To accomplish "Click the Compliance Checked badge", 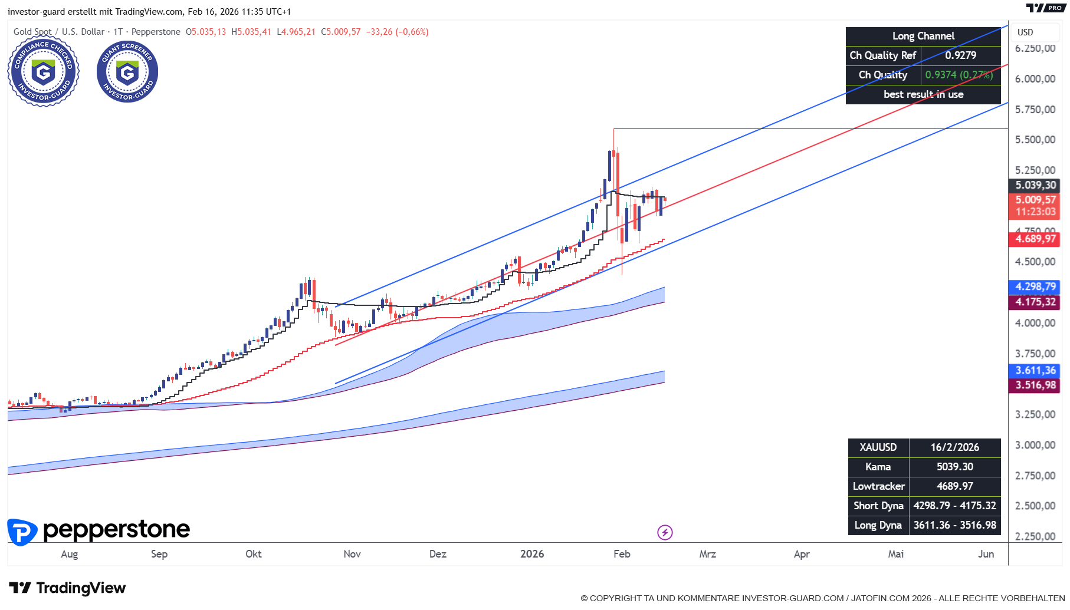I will (x=43, y=73).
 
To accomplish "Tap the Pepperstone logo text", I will (x=116, y=530).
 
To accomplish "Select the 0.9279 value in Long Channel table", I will (x=960, y=55).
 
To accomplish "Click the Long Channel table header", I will (x=923, y=36).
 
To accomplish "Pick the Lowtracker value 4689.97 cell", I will (x=954, y=486).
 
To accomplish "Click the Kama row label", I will (x=878, y=467).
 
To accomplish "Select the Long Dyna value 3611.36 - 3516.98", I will (x=954, y=525).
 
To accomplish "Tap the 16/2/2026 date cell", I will (x=954, y=447).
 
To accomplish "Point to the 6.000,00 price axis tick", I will (x=1035, y=79).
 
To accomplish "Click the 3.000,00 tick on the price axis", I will (x=1035, y=445).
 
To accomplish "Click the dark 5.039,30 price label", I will (x=1035, y=185).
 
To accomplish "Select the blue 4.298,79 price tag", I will (x=1035, y=287).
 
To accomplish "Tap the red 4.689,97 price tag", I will (x=1035, y=239).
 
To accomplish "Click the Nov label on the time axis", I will (x=352, y=554).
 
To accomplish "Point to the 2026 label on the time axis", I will (x=532, y=554).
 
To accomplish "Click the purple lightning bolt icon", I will (x=665, y=533).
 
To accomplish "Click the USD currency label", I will (x=1025, y=32).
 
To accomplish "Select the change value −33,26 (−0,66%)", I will (x=397, y=32).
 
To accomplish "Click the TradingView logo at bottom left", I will (x=67, y=588).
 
